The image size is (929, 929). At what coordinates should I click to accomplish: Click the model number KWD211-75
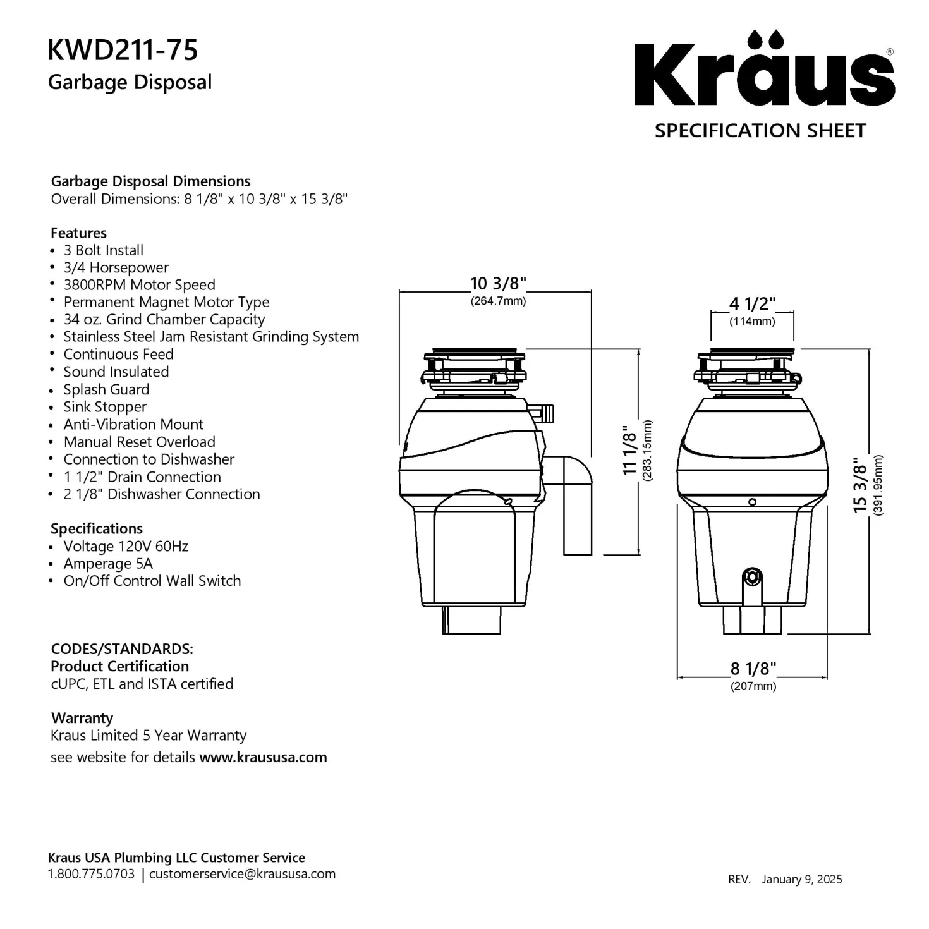point(123,49)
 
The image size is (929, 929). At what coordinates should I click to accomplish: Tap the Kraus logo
point(764,68)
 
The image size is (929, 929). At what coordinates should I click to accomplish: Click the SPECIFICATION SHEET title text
point(760,131)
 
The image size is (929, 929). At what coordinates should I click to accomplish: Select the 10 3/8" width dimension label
point(498,284)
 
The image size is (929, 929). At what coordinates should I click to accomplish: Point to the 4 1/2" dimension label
point(752,304)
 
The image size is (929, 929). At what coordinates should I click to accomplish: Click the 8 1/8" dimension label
point(753,669)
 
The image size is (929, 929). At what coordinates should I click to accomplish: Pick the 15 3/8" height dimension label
point(859,485)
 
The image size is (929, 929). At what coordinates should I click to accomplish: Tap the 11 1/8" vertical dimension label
point(629,450)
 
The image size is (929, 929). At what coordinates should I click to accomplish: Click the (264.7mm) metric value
point(498,301)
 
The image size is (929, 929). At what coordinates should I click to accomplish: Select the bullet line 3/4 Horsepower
point(116,267)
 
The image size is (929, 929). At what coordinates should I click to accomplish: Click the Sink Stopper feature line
point(105,407)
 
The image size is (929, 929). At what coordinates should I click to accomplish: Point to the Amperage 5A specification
point(108,564)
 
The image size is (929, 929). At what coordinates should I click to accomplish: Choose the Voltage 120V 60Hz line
point(126,546)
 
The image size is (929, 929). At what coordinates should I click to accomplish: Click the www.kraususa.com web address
point(264,757)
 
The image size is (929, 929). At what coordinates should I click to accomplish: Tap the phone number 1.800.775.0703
point(91,874)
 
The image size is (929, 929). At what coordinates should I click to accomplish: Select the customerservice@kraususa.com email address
point(242,874)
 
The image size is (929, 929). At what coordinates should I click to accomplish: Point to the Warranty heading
point(82,718)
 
